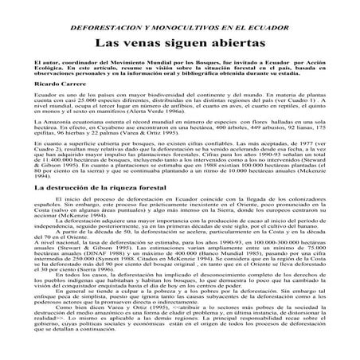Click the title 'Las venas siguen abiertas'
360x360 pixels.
(x=180, y=39)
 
